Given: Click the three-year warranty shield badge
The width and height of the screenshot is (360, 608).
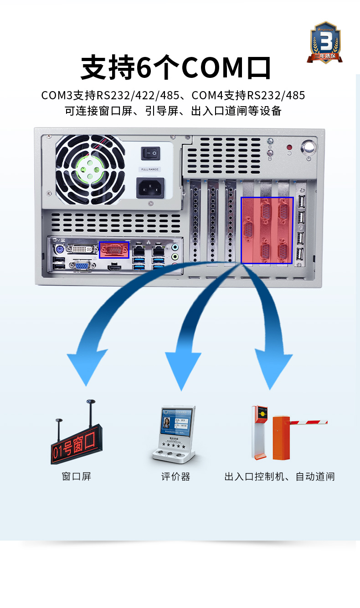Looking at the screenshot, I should [325, 42].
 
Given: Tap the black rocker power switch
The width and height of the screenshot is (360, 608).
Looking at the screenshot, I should [150, 153].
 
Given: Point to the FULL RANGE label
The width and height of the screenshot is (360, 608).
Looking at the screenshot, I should [150, 169].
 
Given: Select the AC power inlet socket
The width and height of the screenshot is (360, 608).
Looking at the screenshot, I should [150, 187].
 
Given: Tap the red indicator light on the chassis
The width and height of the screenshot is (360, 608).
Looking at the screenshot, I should [289, 148].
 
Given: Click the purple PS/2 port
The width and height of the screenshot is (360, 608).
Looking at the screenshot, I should [59, 250].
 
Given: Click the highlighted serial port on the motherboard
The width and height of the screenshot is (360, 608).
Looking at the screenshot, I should [114, 250].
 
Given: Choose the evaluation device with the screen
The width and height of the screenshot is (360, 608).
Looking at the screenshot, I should [174, 433].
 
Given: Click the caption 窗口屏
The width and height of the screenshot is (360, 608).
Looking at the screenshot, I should [77, 476].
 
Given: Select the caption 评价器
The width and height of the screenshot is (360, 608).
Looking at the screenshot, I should [175, 476].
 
